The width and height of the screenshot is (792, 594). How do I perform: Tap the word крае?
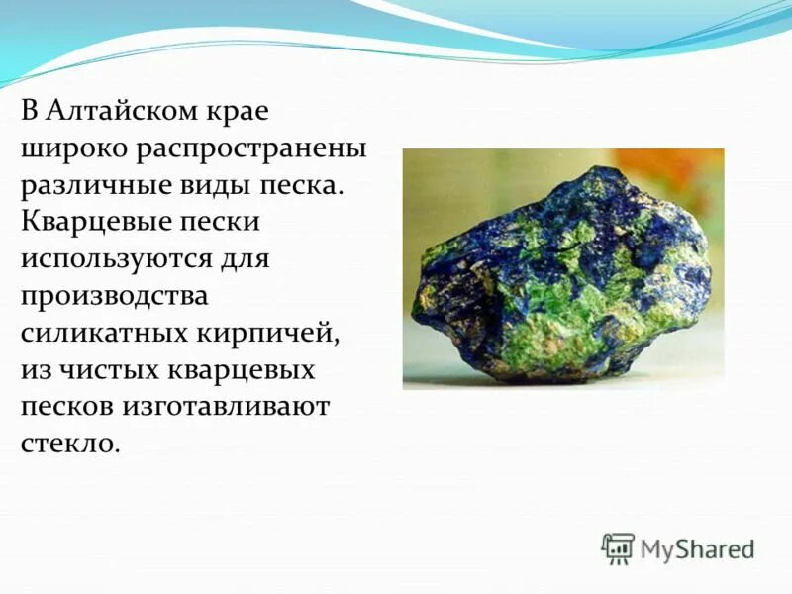pos(237,110)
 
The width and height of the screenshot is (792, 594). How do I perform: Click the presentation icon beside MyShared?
pos(618,547)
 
